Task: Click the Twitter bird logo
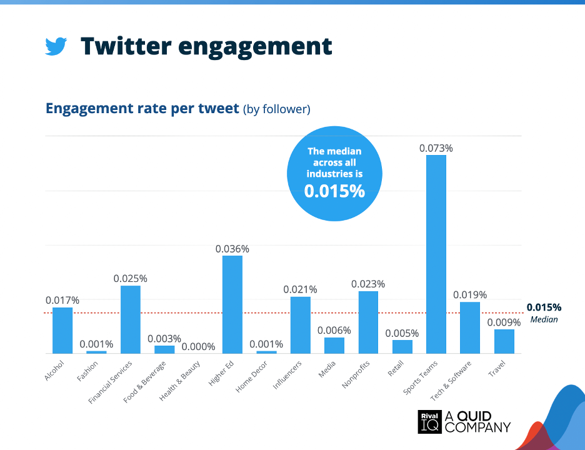[x=56, y=47]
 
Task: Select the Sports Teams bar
[x=436, y=254]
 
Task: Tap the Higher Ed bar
[x=232, y=304]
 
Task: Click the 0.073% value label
[x=436, y=148]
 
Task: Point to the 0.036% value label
[x=232, y=249]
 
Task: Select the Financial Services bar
[x=131, y=319]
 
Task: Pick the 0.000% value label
[x=198, y=346]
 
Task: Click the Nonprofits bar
[x=368, y=322]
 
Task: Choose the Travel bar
[x=504, y=341]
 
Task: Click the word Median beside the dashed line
[x=544, y=319]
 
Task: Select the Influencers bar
[x=301, y=325]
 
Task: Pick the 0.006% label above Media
[x=334, y=330]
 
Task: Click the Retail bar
[x=402, y=346]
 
